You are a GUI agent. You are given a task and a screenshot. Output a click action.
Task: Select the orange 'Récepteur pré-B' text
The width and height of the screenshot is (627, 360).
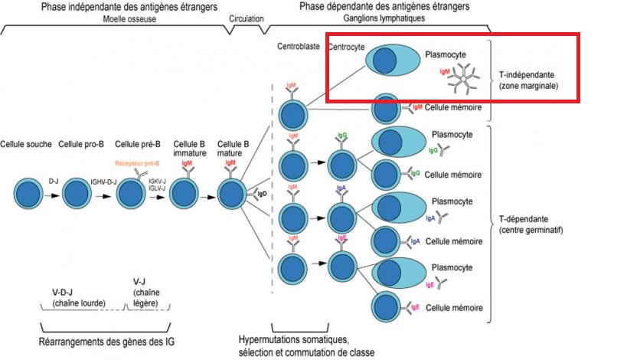[x=136, y=163]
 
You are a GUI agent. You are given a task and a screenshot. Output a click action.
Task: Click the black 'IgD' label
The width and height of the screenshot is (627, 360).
[x=263, y=195]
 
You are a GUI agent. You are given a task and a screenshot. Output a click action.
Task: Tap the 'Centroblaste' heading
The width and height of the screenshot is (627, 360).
[x=298, y=47]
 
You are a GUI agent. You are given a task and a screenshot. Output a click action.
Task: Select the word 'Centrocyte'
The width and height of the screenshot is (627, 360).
[x=347, y=47]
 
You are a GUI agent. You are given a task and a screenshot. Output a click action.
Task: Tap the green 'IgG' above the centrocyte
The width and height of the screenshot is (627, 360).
[x=341, y=136]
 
